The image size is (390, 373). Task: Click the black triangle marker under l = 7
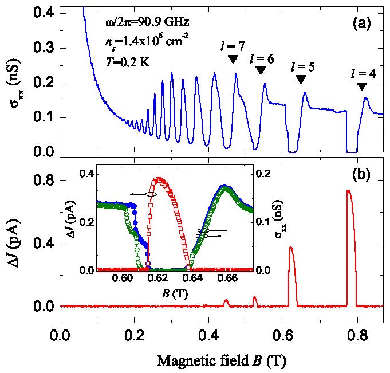[x=233, y=59]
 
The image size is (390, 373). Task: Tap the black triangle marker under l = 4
[x=361, y=86]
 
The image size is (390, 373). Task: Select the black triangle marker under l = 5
[x=300, y=80]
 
